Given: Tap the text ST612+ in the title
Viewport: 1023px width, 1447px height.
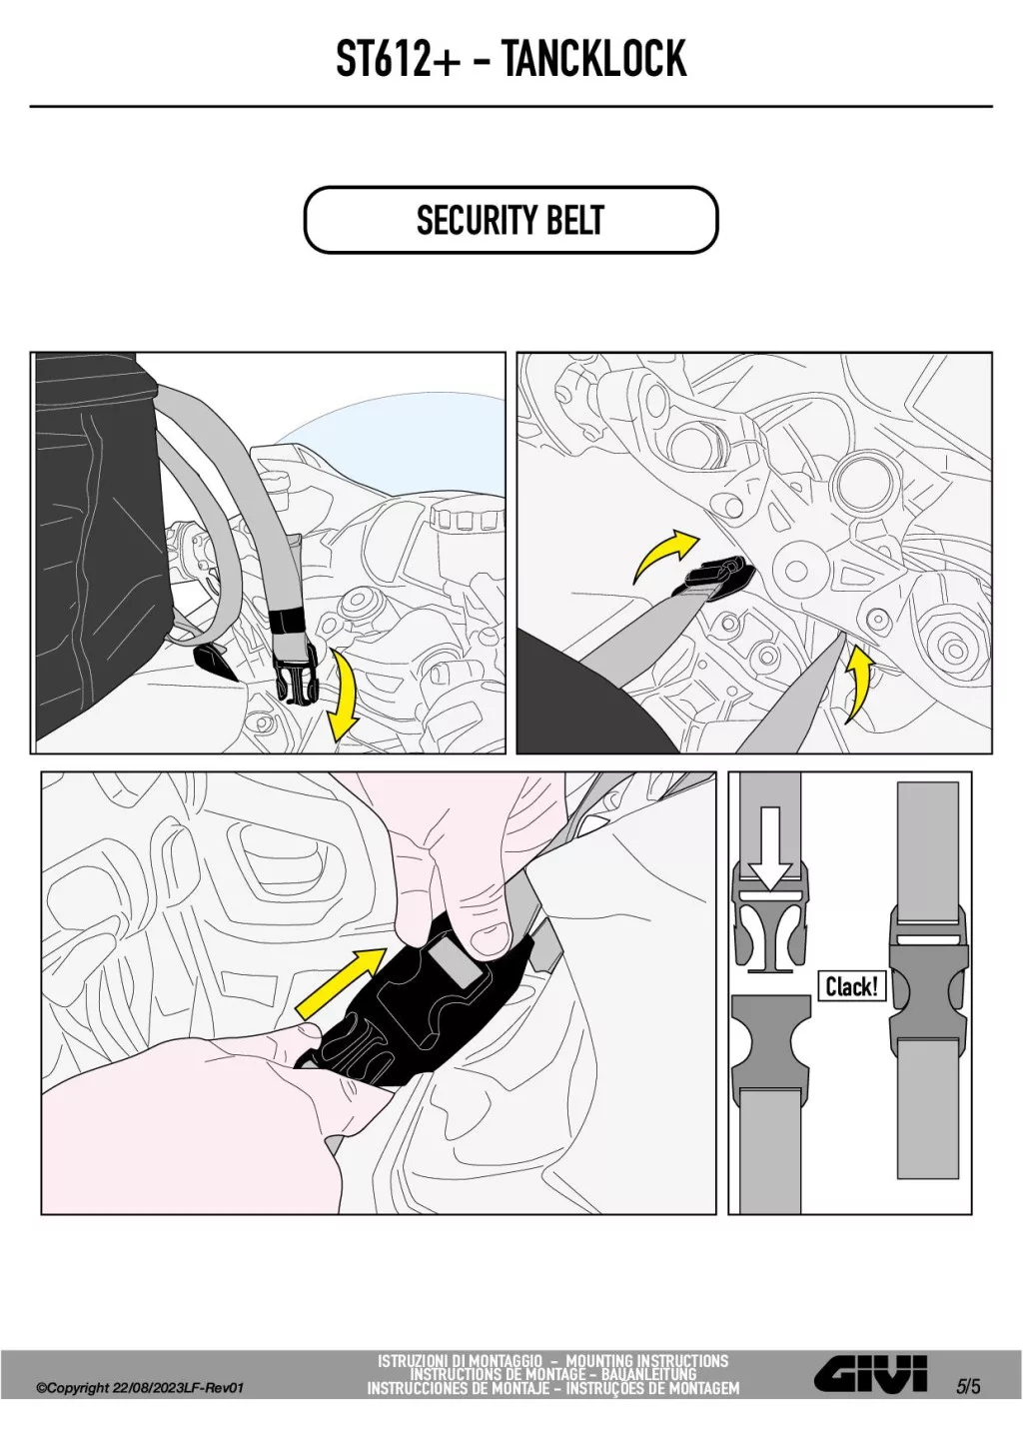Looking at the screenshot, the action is tap(399, 59).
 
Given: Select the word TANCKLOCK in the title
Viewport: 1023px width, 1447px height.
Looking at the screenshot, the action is tap(593, 59).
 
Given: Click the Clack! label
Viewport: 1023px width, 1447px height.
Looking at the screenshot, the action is tap(852, 986).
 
